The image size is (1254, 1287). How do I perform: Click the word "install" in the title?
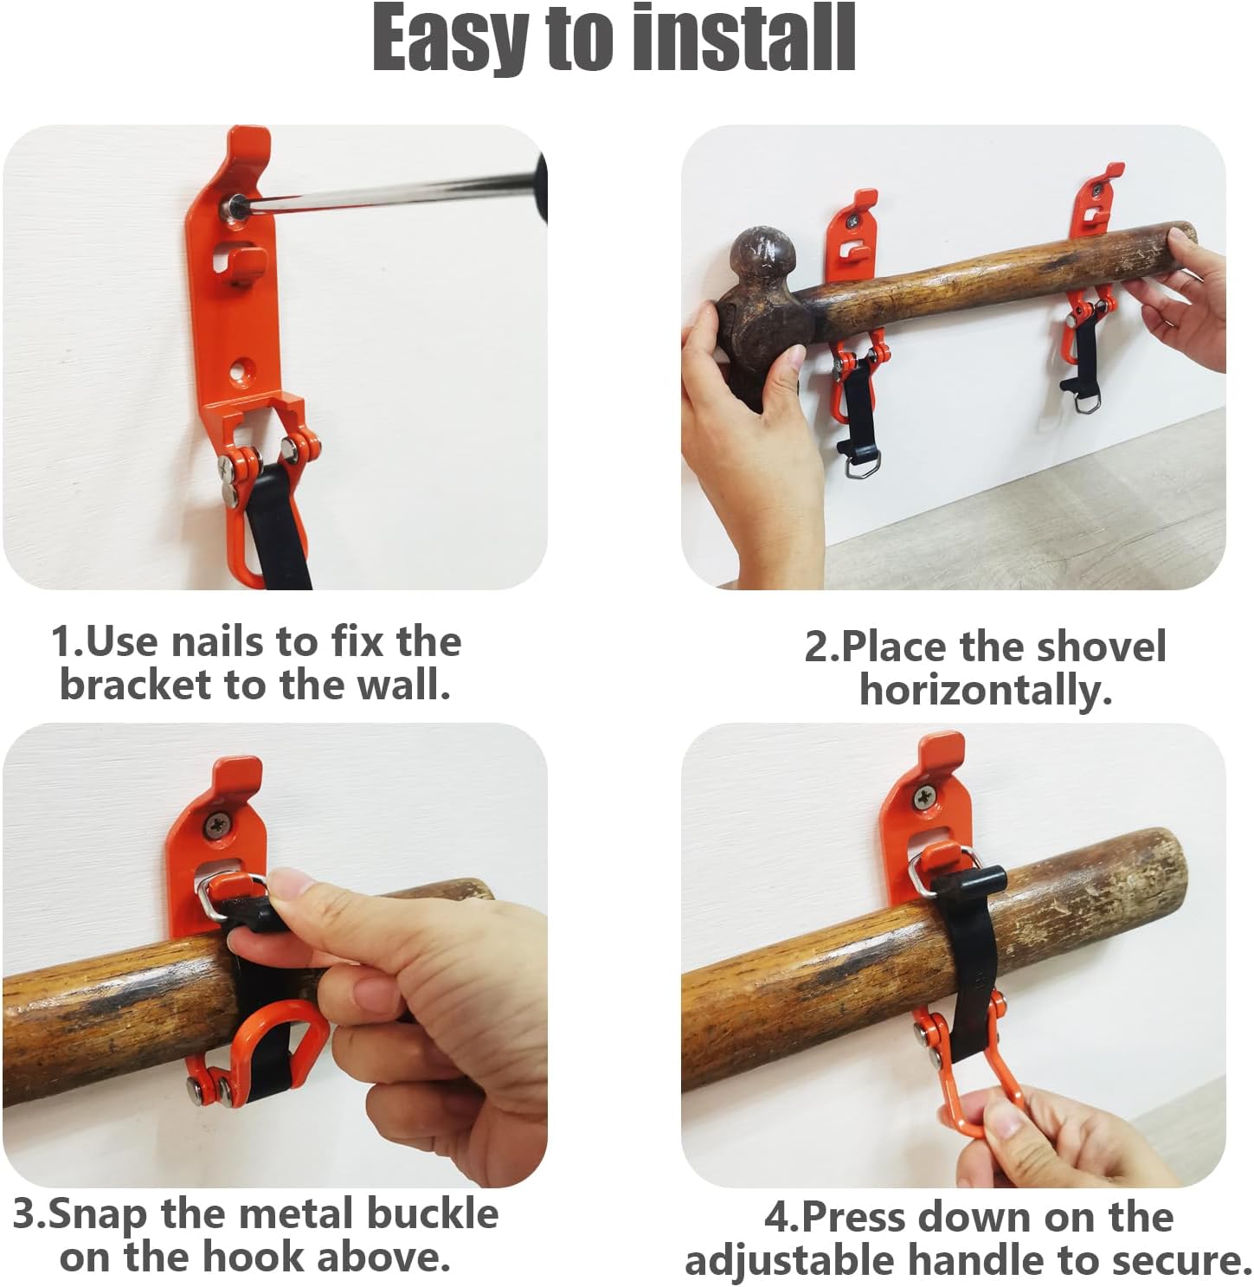pos(745,38)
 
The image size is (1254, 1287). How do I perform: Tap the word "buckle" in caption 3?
pos(432,1213)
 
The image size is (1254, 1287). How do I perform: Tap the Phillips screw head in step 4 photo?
pos(924,798)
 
